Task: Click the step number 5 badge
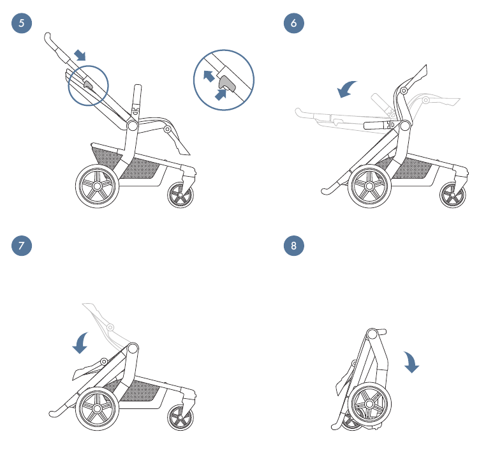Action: coord(22,23)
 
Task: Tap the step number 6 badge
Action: coord(294,23)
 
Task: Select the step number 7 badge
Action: coord(22,246)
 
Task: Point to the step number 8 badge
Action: coord(294,246)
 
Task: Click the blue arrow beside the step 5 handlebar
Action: coord(80,55)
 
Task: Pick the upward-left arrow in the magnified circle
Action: coord(209,77)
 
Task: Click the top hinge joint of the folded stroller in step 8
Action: coord(372,334)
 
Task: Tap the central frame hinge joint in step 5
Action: coord(133,126)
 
